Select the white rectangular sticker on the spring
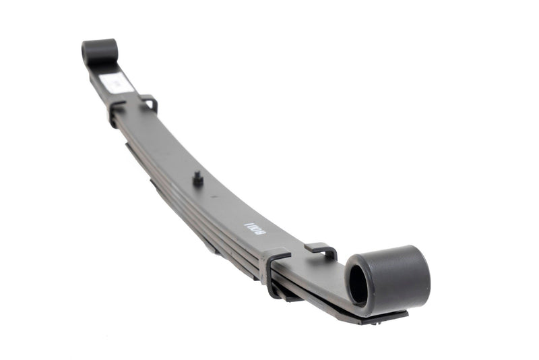[117, 84]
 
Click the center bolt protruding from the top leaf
[199, 179]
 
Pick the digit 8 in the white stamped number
[261, 231]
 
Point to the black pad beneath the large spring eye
[384, 316]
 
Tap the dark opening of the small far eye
[87, 53]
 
